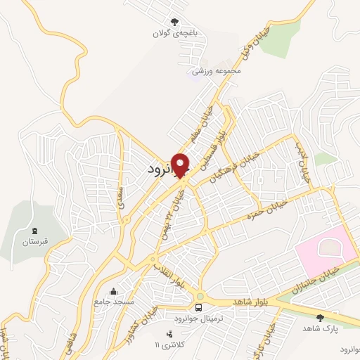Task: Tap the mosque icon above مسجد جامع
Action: point(114,290)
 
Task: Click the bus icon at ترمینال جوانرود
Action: point(200,307)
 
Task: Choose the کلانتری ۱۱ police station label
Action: point(167,345)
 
